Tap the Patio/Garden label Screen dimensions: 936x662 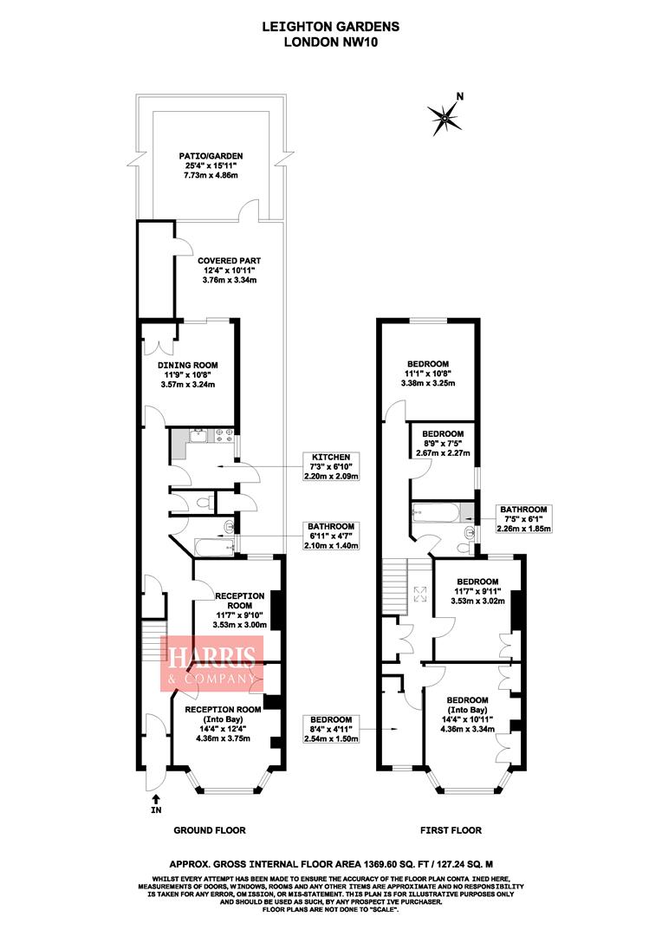208,165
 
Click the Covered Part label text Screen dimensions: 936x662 229,270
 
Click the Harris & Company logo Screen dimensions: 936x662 210,663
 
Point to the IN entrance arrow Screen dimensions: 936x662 156,803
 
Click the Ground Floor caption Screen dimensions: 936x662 210,830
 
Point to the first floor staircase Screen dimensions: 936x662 393,586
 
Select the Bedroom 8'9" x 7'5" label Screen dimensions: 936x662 442,443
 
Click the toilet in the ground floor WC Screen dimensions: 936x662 201,502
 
